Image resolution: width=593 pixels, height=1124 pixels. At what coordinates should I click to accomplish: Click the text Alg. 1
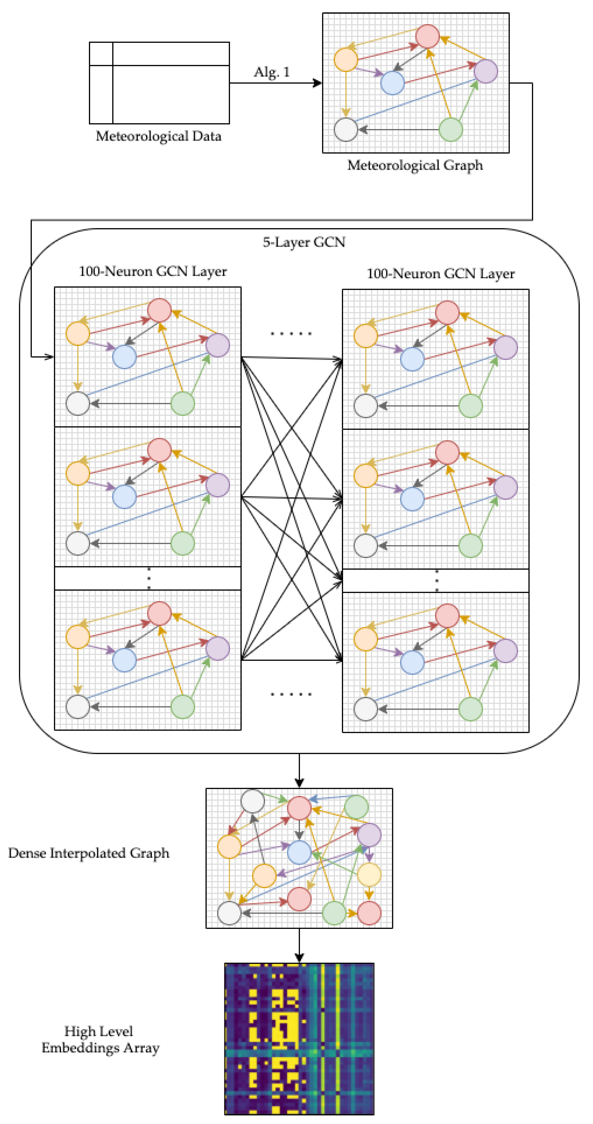(271, 72)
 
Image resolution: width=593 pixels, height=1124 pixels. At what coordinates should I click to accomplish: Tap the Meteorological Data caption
(158, 136)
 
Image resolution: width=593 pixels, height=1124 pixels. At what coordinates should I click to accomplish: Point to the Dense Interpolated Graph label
(89, 853)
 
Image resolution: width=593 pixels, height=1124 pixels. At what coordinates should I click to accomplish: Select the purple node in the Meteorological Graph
(485, 71)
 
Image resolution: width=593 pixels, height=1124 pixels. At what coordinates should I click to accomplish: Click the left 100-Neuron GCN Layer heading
(153, 271)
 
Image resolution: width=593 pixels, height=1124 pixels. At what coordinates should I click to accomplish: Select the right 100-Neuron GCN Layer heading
(440, 274)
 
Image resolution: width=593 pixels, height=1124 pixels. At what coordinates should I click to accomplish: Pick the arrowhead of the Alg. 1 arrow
(318, 83)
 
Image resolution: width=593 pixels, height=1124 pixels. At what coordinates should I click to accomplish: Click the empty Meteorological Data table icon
(159, 83)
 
